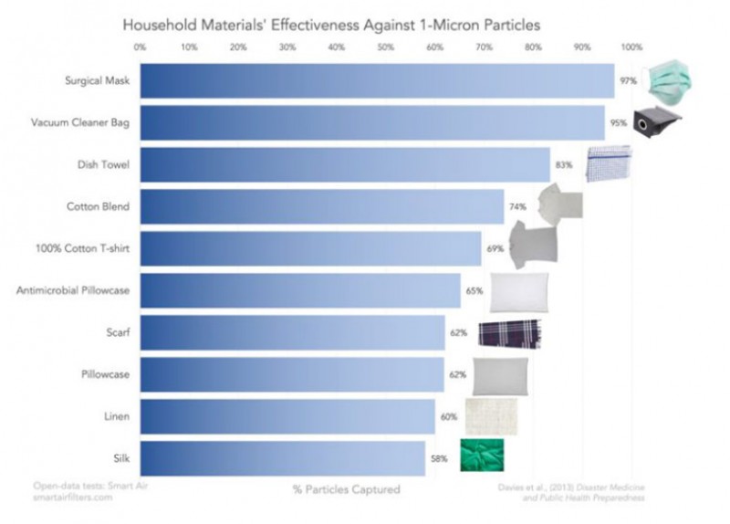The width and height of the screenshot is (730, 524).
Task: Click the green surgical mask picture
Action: pyautogui.click(x=667, y=81)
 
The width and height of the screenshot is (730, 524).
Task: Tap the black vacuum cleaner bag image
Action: pyautogui.click(x=656, y=121)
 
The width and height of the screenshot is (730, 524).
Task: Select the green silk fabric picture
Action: pyautogui.click(x=482, y=455)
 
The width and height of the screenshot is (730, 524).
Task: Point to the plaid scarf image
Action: pyautogui.click(x=510, y=333)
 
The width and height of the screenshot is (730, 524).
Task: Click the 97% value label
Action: pyautogui.click(x=628, y=81)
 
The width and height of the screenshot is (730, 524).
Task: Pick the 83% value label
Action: pyautogui.click(x=564, y=165)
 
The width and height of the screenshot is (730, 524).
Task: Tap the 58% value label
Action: pyautogui.click(x=439, y=458)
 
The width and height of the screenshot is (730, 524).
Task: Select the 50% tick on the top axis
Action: pyautogui.click(x=385, y=47)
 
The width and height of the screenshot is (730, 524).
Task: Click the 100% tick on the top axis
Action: pyautogui.click(x=631, y=47)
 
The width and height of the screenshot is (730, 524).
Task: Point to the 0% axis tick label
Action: pyautogui.click(x=140, y=47)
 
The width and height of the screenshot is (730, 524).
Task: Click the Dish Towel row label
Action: pyautogui.click(x=103, y=165)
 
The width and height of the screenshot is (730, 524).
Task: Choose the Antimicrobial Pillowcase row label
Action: pyautogui.click(x=73, y=290)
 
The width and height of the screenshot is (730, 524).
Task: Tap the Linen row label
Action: pyautogui.click(x=117, y=416)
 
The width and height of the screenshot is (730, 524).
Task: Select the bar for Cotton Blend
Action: pyautogui.click(x=322, y=207)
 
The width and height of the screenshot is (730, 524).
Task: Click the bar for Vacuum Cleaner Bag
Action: pyautogui.click(x=372, y=123)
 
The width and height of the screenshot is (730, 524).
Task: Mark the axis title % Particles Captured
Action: pyautogui.click(x=347, y=489)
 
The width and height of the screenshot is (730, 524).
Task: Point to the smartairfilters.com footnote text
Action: pyautogui.click(x=73, y=498)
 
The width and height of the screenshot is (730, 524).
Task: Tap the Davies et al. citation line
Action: pyautogui.click(x=571, y=487)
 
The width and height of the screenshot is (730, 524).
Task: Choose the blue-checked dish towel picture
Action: pyautogui.click(x=609, y=164)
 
